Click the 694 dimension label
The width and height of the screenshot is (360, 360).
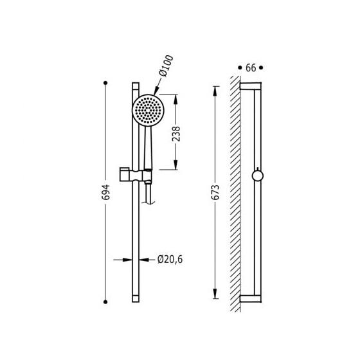(106, 192)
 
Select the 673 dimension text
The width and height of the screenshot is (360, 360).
(215, 192)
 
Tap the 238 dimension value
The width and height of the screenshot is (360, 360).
(176, 134)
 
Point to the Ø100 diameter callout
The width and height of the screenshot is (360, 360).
(166, 66)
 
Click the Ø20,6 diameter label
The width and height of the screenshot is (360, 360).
(170, 260)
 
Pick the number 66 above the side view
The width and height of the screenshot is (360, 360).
(251, 67)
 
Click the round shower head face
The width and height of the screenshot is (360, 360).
(148, 110)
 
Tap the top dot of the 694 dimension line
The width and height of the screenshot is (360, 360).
(105, 83)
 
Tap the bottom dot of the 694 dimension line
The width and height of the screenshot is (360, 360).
(105, 302)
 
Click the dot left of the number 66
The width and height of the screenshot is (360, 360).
(240, 67)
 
